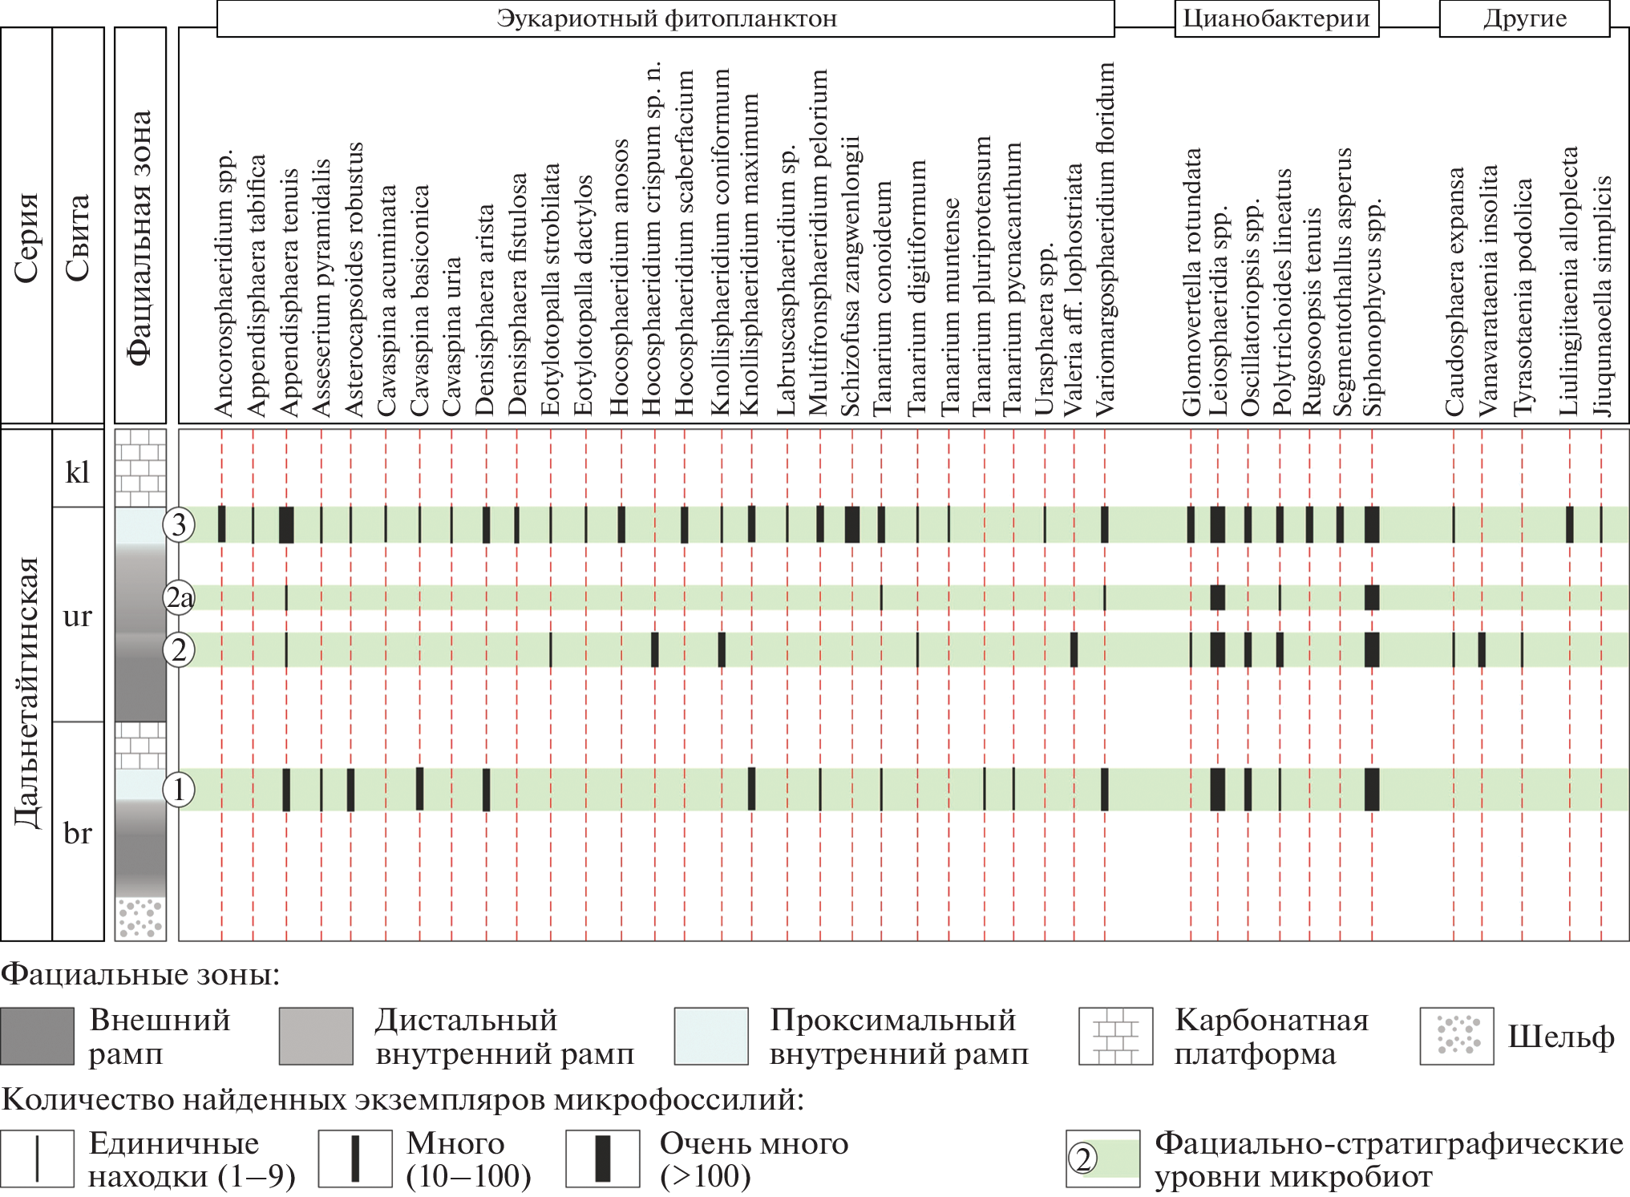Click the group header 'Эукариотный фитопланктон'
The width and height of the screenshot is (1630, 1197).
coord(665,18)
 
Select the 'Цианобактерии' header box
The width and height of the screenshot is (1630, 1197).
coord(1276,18)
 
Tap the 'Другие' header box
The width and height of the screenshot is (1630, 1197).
coord(1524,19)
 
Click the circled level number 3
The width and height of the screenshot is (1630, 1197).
coord(179,525)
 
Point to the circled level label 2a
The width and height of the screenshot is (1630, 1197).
coord(179,598)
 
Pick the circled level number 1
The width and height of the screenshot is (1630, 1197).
coord(179,790)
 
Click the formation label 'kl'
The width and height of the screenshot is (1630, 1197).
coord(78,472)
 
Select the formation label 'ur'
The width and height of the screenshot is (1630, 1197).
coord(78,616)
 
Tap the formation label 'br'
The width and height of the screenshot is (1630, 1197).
coord(78,833)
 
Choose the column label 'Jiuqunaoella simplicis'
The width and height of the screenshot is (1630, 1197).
coord(1601,297)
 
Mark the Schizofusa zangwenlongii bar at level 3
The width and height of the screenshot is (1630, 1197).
coord(852,525)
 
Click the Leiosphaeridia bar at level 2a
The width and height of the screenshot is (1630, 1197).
coord(1217,598)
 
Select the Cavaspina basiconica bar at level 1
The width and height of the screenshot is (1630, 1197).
coord(419,789)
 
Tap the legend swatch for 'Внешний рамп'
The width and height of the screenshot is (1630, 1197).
coord(37,1036)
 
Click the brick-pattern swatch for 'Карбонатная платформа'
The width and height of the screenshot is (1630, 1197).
coord(1115,1036)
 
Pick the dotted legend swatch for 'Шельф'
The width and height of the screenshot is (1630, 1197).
coord(1456,1036)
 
